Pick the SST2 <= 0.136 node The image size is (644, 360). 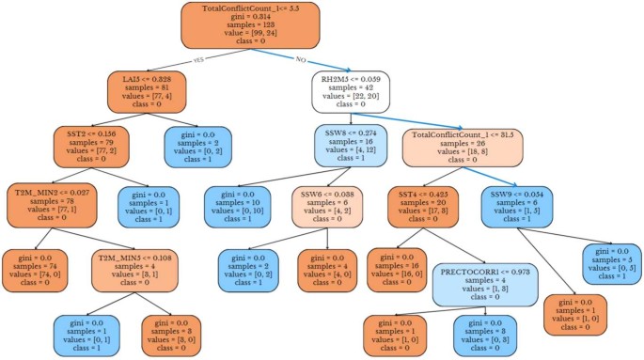coord(97,149)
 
